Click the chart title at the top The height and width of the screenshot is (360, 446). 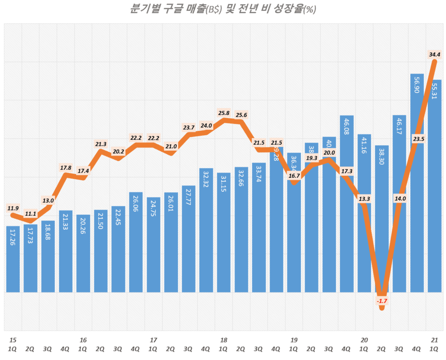(223, 9)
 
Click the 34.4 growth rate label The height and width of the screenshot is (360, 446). (434, 55)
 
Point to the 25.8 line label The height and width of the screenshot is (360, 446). (223, 113)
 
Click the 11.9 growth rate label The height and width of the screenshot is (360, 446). (13, 208)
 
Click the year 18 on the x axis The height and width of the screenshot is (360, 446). (223, 340)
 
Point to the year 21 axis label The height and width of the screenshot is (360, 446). (434, 340)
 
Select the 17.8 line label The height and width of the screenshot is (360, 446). (65, 167)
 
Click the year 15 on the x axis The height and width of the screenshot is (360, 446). (13, 340)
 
